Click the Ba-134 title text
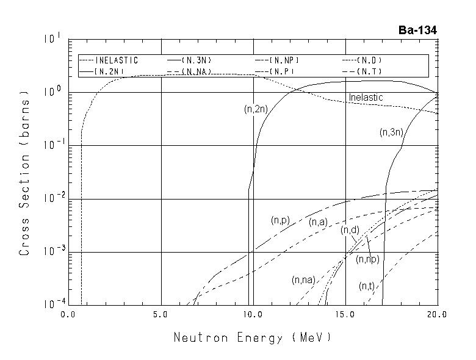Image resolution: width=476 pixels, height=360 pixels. (x=417, y=31)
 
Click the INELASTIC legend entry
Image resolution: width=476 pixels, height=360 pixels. (x=116, y=60)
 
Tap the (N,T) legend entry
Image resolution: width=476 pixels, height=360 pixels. (x=372, y=71)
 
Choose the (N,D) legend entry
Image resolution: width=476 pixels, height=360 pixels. (x=372, y=60)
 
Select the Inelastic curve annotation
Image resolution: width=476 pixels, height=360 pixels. (x=366, y=98)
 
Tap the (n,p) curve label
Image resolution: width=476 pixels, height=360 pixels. (x=281, y=220)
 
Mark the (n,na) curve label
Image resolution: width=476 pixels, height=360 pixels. (x=303, y=280)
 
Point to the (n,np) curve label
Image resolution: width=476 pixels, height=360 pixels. (x=368, y=259)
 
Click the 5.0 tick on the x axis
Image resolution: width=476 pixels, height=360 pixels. (x=161, y=315)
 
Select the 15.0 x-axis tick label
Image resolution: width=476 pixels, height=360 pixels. (x=346, y=315)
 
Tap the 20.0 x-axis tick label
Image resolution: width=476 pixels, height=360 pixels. (x=438, y=315)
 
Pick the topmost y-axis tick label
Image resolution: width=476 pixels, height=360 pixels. (x=51, y=40)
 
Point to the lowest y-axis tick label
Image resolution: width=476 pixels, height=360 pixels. (x=51, y=304)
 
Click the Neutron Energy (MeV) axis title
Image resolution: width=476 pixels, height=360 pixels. (x=253, y=337)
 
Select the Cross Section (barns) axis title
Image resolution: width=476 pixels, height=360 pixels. (x=25, y=173)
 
